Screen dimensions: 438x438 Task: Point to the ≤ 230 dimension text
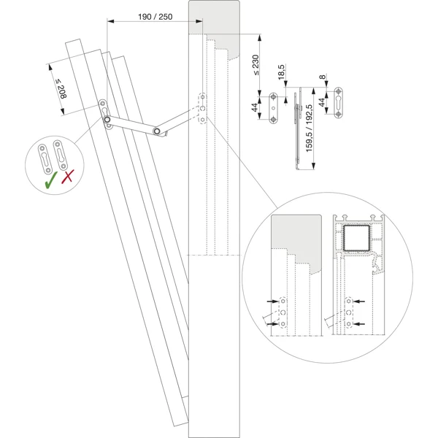coord(255,65)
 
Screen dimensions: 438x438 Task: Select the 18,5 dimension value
coord(282,72)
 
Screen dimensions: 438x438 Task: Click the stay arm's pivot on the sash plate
coord(107,119)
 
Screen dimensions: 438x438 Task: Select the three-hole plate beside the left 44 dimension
coord(274,109)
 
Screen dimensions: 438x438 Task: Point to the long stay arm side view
coord(296,131)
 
